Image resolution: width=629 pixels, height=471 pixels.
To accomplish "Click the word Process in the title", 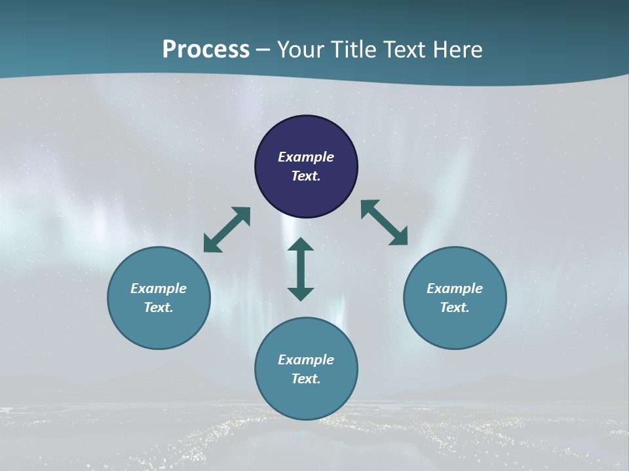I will [x=206, y=50].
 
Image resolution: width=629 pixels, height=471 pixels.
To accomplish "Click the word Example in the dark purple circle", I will [x=306, y=157].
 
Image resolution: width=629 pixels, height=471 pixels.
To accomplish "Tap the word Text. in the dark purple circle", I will [x=306, y=176].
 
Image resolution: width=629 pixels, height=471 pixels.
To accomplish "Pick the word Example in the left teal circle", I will [x=159, y=288].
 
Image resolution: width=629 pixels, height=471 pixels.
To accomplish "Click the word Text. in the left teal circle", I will [x=159, y=307].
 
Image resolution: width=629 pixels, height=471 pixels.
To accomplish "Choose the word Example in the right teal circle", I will [x=455, y=288].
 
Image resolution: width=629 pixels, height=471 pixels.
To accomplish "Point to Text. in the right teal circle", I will [x=455, y=307].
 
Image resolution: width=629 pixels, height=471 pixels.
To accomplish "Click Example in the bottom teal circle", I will [x=306, y=360].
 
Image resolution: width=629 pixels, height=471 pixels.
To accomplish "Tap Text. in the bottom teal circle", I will [x=306, y=379].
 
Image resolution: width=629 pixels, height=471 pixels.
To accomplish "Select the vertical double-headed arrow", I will [x=301, y=269].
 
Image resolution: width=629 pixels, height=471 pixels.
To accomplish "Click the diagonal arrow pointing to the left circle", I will [x=227, y=230].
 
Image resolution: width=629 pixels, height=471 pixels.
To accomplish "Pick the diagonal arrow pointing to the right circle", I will [x=385, y=222].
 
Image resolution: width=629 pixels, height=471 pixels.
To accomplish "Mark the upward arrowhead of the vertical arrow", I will [x=301, y=244].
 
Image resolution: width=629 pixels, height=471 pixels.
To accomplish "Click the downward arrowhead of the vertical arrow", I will [x=301, y=294].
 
